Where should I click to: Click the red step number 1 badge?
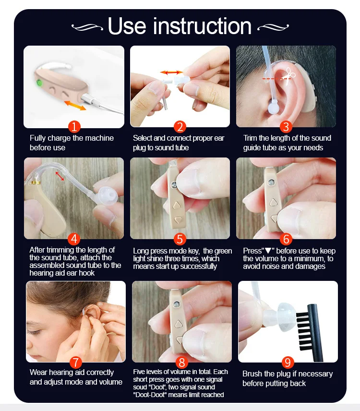point(74,127)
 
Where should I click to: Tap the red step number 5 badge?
point(180,239)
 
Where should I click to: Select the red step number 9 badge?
point(288,362)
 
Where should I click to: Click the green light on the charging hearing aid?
point(39,83)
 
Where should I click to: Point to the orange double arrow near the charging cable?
point(75,105)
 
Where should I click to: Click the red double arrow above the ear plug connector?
point(172,73)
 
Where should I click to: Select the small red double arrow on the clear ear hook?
point(60,176)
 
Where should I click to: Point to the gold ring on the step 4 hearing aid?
point(35,182)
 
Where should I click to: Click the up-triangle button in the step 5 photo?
point(177,205)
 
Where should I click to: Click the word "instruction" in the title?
point(202,26)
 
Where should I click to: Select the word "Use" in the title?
point(127,26)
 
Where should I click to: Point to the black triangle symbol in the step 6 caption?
point(268,251)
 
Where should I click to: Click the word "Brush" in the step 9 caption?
point(252,374)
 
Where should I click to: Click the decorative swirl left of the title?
point(87,27)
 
